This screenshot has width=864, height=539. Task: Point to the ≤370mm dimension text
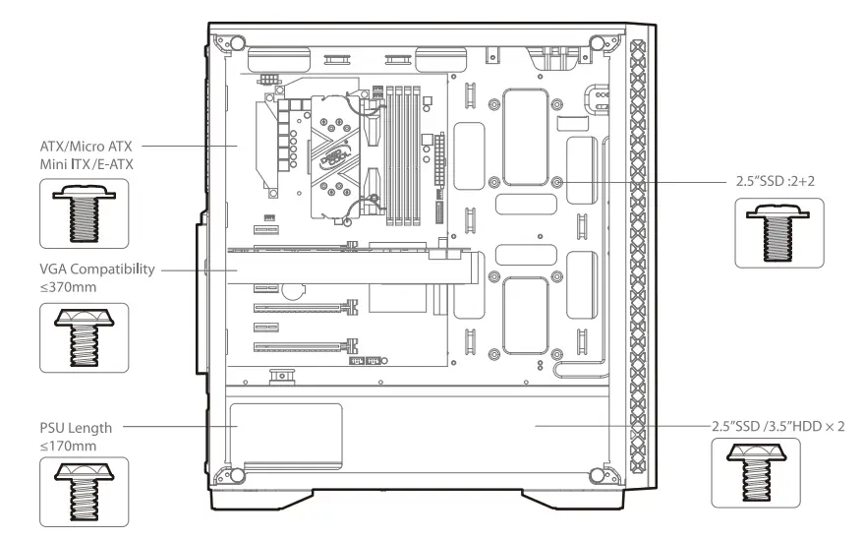point(68,288)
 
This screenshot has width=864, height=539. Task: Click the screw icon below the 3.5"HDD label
point(755,472)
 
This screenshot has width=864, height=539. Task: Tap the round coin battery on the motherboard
point(292,292)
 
